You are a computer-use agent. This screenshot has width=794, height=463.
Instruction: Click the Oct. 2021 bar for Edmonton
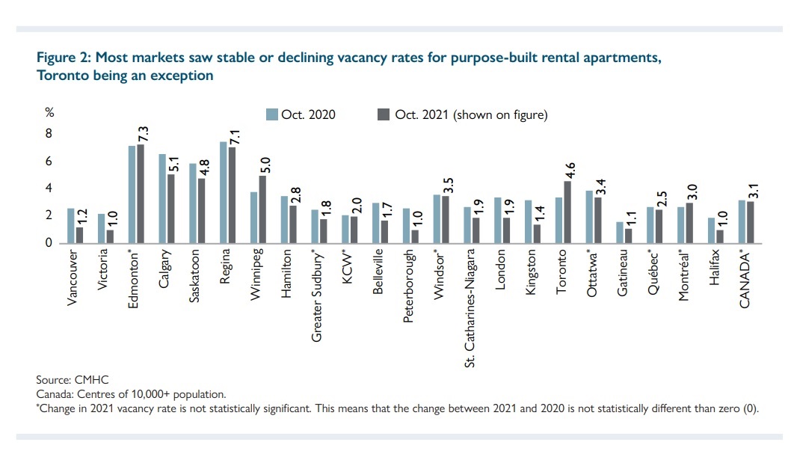pyautogui.click(x=141, y=194)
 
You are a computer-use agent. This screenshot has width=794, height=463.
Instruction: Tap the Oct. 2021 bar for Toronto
pyautogui.click(x=567, y=212)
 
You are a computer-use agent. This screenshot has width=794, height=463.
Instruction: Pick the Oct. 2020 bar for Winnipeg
pyautogui.click(x=253, y=218)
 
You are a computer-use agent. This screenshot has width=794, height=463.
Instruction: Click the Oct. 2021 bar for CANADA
pyautogui.click(x=750, y=222)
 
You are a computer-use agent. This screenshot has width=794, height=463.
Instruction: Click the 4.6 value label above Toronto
pyautogui.click(x=569, y=171)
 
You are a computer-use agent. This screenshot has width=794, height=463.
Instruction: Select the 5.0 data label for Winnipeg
pyautogui.click(x=264, y=165)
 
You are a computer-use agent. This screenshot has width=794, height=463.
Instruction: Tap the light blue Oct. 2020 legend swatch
pyautogui.click(x=273, y=114)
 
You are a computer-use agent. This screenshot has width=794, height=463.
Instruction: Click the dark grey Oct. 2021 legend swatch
pyautogui.click(x=384, y=114)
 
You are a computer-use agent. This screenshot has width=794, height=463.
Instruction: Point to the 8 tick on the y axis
pyautogui.click(x=49, y=134)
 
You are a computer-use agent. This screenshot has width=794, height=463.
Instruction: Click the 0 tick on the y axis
pyautogui.click(x=49, y=243)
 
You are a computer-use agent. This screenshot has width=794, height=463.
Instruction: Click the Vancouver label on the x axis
pyautogui.click(x=72, y=277)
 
